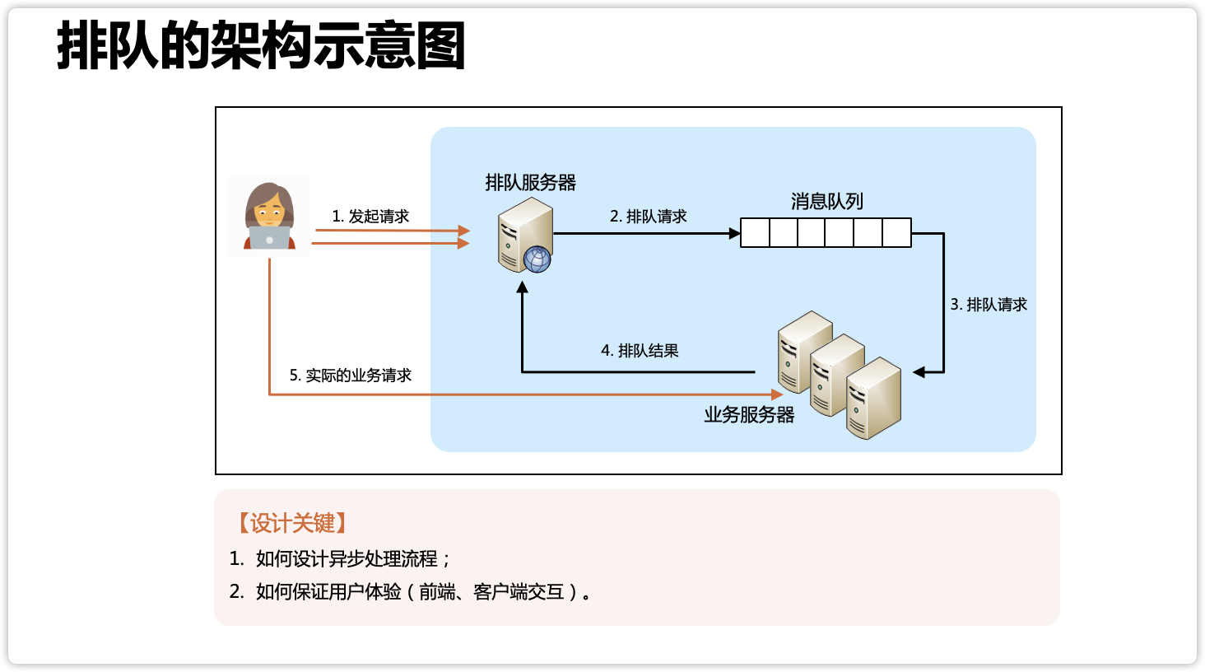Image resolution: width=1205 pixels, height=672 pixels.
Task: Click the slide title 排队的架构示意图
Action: coord(261,46)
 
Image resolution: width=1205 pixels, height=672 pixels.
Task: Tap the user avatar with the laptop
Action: coord(269,216)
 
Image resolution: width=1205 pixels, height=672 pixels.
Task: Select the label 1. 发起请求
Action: coord(370,217)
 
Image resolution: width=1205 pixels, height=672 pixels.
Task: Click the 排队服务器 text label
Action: coord(531,183)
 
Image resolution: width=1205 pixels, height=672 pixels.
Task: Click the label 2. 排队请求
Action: coord(649,217)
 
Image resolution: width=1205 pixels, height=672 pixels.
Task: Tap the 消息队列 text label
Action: coord(827,202)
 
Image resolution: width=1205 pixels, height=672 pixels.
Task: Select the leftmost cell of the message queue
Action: coord(756,233)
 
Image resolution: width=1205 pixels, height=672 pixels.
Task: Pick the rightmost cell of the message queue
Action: coord(896,233)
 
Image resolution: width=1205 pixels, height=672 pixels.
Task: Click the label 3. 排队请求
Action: coord(989,305)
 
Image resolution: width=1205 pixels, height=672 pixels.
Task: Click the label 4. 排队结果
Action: coord(640,351)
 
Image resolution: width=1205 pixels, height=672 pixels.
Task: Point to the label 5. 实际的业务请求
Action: coord(351,376)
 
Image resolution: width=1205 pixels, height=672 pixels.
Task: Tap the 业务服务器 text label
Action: coord(749,415)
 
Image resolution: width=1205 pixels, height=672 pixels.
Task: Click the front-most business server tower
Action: coord(874,399)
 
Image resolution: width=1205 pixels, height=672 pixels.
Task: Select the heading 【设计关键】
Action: coord(292,523)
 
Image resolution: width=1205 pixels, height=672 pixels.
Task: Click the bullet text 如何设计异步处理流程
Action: coord(347,559)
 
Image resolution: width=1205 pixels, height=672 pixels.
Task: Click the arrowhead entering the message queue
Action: coord(735,234)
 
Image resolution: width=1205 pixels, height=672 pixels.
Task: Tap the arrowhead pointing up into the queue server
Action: coord(522,287)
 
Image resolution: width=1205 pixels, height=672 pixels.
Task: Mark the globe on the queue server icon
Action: coord(537,259)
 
